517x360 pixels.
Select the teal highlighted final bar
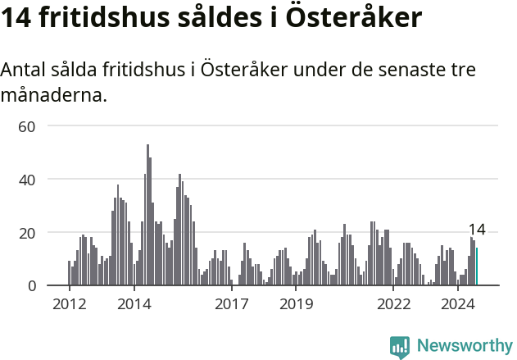pyautogui.click(x=477, y=267)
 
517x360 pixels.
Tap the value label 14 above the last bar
pyautogui.click(x=477, y=230)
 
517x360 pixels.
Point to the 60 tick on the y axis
pyautogui.click(x=28, y=126)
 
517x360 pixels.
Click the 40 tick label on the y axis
pyautogui.click(x=28, y=180)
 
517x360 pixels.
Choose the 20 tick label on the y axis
pyautogui.click(x=28, y=233)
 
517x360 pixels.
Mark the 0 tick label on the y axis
pyautogui.click(x=32, y=286)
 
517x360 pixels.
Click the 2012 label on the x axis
pyautogui.click(x=69, y=304)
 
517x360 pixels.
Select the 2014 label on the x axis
pyautogui.click(x=134, y=304)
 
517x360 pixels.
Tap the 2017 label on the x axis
pyautogui.click(x=232, y=304)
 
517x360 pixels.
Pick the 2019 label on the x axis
pyautogui.click(x=297, y=304)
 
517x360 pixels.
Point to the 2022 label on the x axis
pyautogui.click(x=394, y=304)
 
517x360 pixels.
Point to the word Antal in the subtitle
pyautogui.click(x=24, y=70)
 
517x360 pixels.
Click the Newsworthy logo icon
pyautogui.click(x=400, y=347)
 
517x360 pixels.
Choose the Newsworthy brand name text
pyautogui.click(x=464, y=346)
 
